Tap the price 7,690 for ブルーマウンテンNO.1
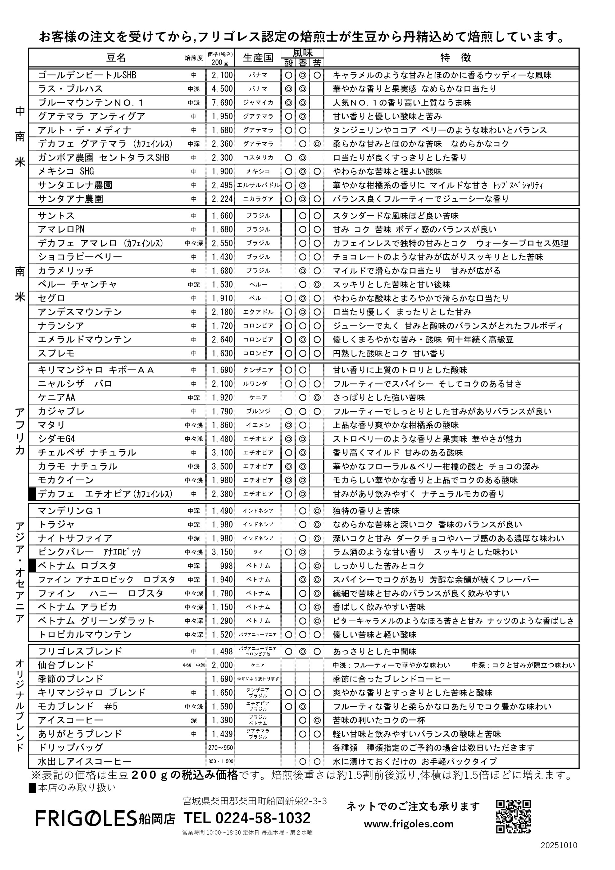(222, 103)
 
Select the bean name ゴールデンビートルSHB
(87, 75)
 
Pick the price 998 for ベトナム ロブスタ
(226, 566)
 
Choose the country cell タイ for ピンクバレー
(258, 552)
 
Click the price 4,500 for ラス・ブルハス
(222, 89)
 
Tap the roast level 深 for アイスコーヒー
(194, 720)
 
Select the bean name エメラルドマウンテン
(85, 340)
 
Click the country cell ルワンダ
(258, 384)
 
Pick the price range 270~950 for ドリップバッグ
(220, 748)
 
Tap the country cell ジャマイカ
(258, 103)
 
